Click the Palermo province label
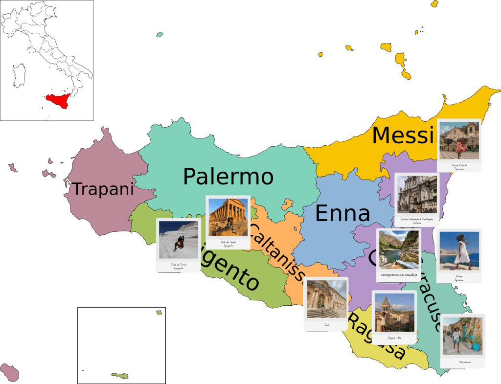click(x=228, y=177)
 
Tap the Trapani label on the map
click(x=103, y=189)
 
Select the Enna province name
click(x=342, y=214)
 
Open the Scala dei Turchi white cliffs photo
click(x=178, y=240)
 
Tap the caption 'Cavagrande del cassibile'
click(x=399, y=275)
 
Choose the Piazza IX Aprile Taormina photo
click(x=459, y=139)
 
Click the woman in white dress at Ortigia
click(x=461, y=250)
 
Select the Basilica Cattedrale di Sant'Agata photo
click(x=416, y=194)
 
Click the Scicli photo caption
click(x=326, y=324)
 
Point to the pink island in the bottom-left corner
click(x=9, y=372)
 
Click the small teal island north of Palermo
click(x=159, y=35)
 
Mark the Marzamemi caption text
click(x=462, y=362)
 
